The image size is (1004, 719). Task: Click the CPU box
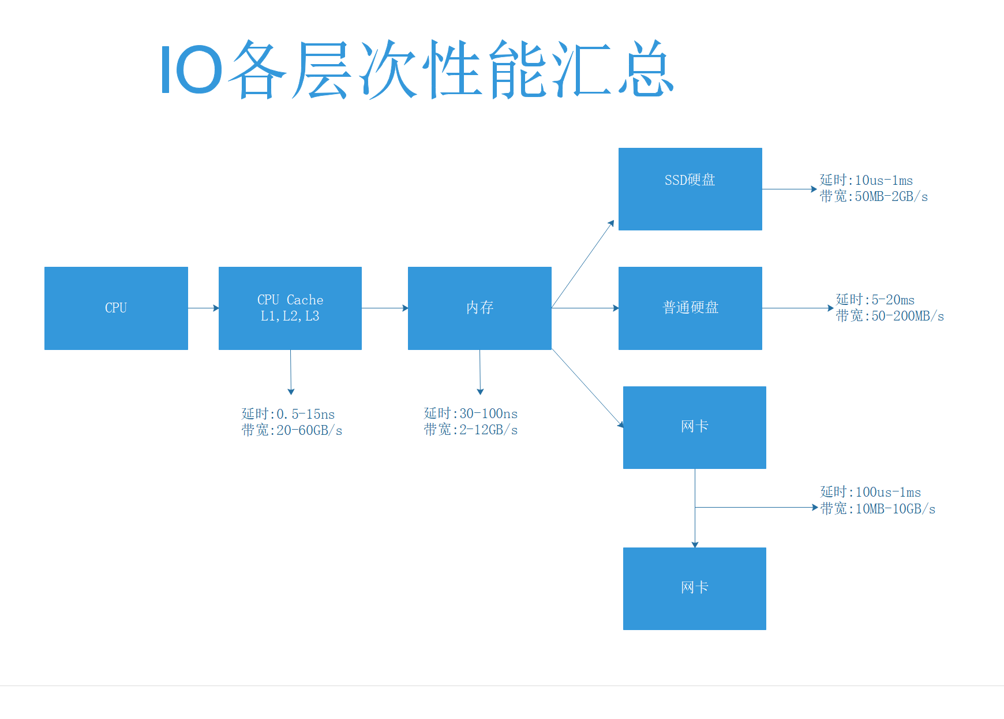pos(116,308)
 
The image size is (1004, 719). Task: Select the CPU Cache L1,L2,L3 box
pos(290,308)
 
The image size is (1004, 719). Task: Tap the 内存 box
pos(479,308)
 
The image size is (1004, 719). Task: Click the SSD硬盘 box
pos(690,189)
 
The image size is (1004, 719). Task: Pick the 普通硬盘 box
pos(690,308)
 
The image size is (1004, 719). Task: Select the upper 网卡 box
pos(695,427)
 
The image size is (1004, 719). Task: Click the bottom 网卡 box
pos(695,588)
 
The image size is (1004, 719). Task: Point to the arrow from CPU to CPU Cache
pos(203,308)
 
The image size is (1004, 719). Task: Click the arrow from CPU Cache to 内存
pos(385,308)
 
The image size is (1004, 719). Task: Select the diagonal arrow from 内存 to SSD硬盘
pos(583,264)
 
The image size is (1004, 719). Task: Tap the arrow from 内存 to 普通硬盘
pos(585,308)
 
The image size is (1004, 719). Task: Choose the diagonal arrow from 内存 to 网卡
pos(587,388)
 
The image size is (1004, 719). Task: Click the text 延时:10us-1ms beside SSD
pos(866,180)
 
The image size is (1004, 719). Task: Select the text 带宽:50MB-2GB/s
pos(874,196)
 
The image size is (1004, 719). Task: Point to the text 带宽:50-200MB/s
pos(890,316)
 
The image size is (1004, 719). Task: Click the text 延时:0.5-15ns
pos(288,414)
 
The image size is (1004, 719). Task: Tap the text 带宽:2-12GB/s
pos(470,430)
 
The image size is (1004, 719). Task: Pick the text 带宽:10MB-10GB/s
pos(878,509)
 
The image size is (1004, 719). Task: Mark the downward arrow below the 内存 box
pos(480,372)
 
